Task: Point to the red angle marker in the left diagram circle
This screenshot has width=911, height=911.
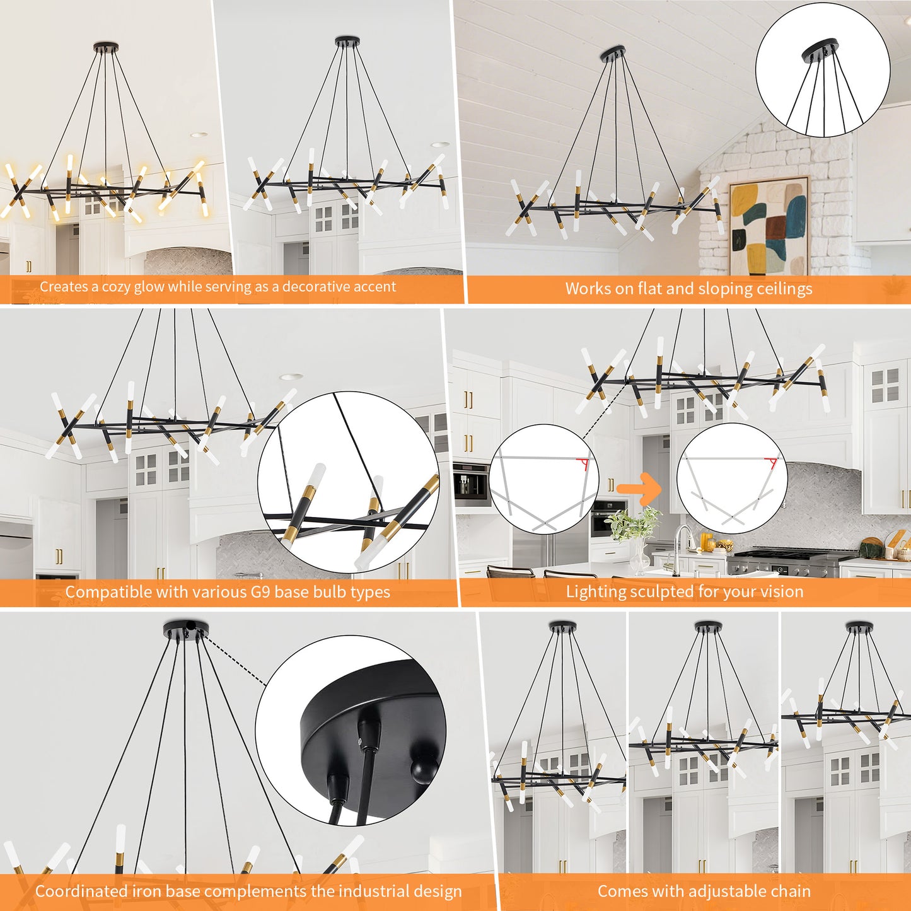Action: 584,464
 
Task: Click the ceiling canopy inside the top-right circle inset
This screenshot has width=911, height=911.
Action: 820,50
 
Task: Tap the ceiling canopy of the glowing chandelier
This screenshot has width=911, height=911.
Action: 106,47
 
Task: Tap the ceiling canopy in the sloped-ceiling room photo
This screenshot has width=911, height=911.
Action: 613,54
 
